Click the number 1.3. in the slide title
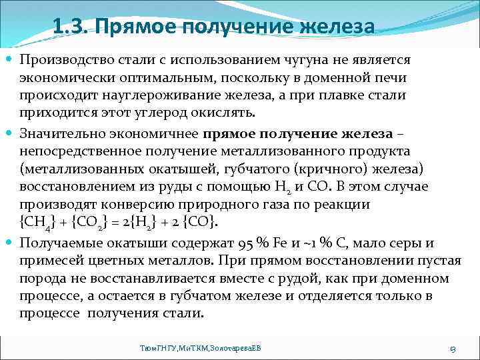(69, 28)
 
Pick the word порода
(39, 278)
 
